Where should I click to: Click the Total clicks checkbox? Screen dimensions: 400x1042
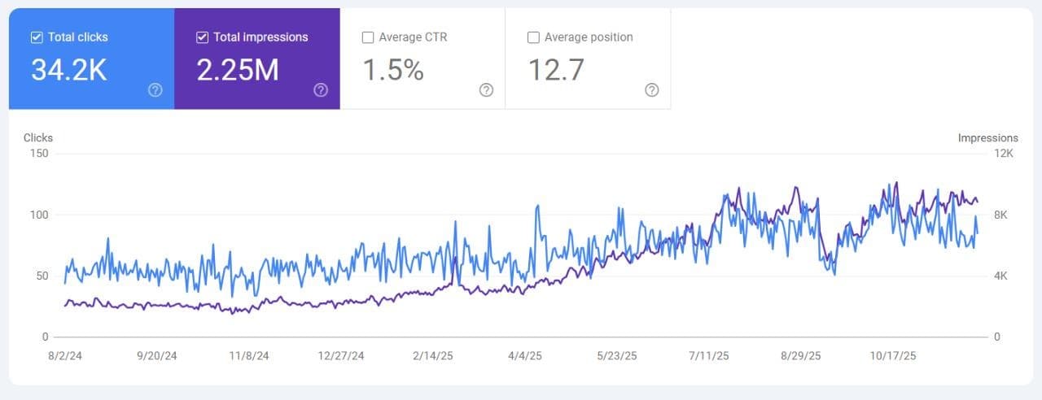point(37,37)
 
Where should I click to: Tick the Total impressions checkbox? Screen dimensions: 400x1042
point(203,37)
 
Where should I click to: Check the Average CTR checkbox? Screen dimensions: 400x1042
point(368,37)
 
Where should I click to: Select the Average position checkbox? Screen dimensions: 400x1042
point(533,37)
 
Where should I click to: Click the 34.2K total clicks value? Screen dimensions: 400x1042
point(68,71)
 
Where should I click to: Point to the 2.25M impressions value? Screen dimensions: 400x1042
point(238,71)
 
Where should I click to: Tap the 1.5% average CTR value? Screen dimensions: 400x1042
point(393,71)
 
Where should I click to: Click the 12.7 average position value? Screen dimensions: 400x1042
point(556,71)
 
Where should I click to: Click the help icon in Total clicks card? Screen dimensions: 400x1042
point(155,90)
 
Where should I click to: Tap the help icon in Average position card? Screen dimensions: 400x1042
point(651,90)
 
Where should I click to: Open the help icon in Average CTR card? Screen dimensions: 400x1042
point(486,90)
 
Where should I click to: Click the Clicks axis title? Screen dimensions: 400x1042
point(38,138)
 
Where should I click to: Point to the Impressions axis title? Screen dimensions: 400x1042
point(987,138)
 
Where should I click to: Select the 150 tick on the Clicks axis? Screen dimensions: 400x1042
point(39,154)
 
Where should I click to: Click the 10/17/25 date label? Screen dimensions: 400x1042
point(893,356)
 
